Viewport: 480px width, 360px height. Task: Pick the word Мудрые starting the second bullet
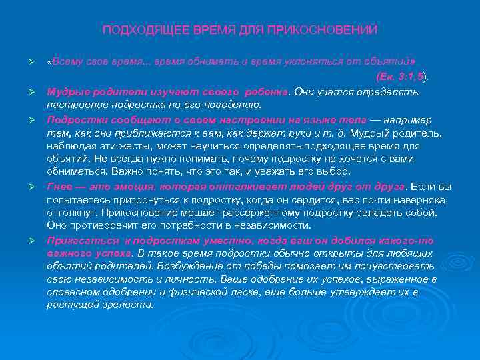click(64, 91)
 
